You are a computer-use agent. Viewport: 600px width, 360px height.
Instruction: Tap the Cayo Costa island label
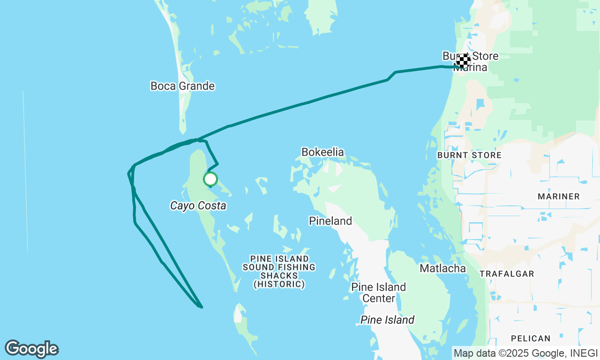(x=198, y=206)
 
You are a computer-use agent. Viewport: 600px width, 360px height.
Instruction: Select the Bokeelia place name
(x=322, y=152)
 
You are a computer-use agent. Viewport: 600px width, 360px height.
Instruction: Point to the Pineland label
(x=330, y=221)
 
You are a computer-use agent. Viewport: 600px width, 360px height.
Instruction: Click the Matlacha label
(x=442, y=268)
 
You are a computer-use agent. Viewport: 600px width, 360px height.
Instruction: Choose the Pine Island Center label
(x=379, y=292)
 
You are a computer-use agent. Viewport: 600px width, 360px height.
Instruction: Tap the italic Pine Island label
(x=387, y=320)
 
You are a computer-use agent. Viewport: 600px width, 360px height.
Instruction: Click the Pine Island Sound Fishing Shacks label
(x=279, y=271)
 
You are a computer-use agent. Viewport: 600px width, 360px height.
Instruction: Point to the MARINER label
(x=559, y=196)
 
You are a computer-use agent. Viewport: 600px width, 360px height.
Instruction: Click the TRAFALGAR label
(x=507, y=274)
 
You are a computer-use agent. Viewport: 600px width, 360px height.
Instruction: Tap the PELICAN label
(x=531, y=338)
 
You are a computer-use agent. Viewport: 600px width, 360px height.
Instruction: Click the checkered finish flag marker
(x=464, y=60)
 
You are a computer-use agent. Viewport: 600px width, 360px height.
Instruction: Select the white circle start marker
(x=210, y=179)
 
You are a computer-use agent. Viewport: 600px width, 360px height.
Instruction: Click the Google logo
(x=31, y=349)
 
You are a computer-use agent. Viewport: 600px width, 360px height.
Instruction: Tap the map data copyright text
(x=525, y=352)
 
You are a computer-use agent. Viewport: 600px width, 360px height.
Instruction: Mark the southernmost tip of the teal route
(x=201, y=307)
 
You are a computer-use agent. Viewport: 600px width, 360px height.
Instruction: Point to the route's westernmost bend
(x=129, y=173)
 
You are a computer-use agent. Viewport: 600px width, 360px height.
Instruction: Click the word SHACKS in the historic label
(x=279, y=276)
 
